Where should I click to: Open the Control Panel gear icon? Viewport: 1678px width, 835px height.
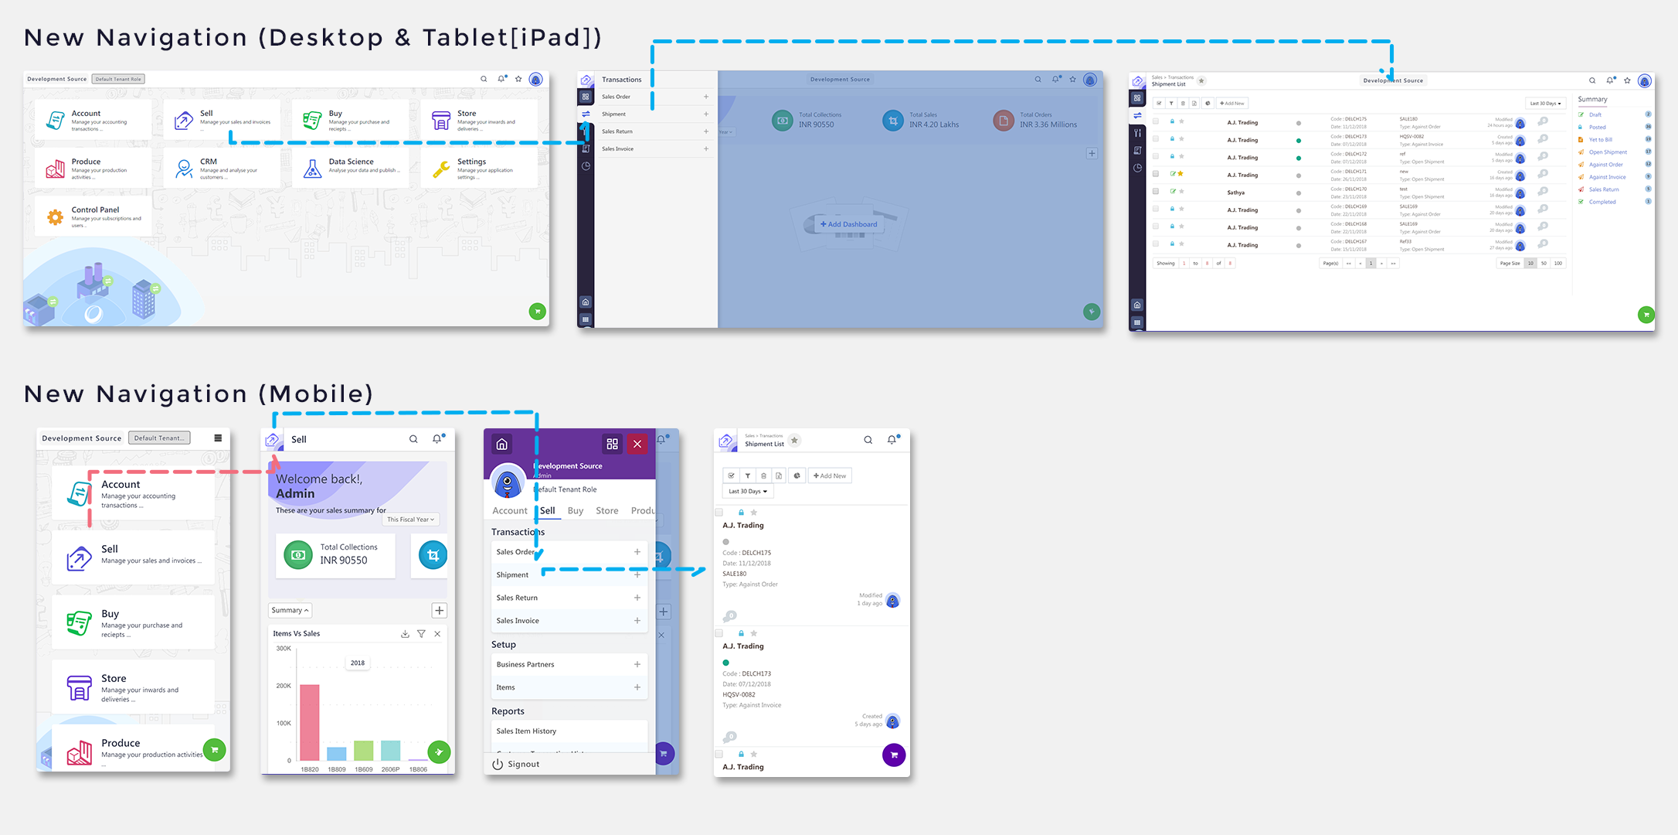point(55,218)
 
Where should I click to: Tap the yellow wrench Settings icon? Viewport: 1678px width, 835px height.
point(441,169)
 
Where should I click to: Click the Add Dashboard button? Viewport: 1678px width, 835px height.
point(849,224)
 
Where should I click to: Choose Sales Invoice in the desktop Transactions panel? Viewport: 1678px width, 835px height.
point(618,148)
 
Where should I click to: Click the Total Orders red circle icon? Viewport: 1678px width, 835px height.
point(1003,121)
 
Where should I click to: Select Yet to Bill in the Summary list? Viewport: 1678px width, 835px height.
point(1600,140)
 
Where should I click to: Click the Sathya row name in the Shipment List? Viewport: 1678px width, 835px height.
point(1236,193)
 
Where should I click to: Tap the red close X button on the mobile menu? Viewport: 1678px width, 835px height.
point(637,444)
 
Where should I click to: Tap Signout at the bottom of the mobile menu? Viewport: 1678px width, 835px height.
point(523,764)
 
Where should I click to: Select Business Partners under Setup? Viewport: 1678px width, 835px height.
point(525,664)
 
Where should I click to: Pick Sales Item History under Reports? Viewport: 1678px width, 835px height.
point(526,731)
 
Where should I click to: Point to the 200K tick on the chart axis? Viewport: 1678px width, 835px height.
point(284,686)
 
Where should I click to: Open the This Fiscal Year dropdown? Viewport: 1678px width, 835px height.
point(410,520)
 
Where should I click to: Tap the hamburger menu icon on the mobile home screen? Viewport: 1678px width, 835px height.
point(218,438)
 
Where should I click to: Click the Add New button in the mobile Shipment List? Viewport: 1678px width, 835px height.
point(830,475)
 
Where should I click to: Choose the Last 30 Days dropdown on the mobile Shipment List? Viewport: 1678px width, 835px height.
point(748,491)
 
